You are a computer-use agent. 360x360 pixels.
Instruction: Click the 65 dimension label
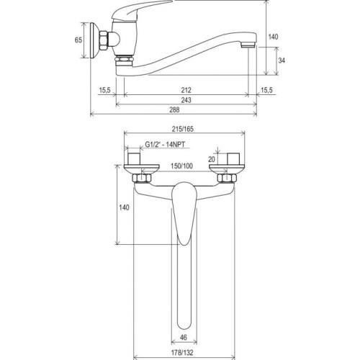(x=78, y=40)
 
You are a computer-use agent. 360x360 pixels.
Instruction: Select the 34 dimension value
(x=282, y=60)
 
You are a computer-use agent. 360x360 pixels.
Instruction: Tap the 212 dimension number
(x=186, y=90)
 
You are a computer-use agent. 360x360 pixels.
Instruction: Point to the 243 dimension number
(x=186, y=100)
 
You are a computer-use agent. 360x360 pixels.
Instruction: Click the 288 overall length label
(x=174, y=110)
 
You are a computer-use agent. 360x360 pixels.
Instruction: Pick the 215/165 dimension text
(x=183, y=129)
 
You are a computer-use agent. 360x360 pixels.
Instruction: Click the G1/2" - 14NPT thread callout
(x=165, y=145)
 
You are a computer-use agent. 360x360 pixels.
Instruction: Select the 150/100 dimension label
(x=181, y=166)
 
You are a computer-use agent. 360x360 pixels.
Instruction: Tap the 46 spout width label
(x=184, y=338)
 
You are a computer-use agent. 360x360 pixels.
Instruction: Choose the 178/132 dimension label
(x=182, y=353)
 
